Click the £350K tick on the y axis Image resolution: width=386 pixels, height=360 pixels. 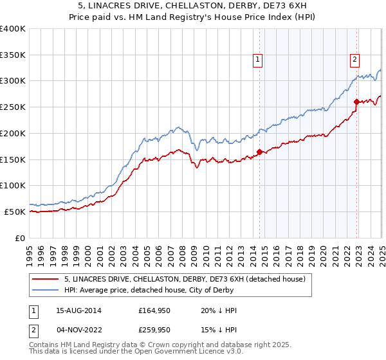tap(13, 55)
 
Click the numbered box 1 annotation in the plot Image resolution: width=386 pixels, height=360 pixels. tap(258, 60)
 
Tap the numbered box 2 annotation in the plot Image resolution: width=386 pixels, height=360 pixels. tap(354, 60)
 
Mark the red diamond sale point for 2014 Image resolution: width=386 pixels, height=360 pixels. tap(260, 152)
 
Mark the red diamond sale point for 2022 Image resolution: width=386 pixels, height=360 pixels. tap(356, 102)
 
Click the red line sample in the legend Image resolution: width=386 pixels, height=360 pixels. tap(46, 279)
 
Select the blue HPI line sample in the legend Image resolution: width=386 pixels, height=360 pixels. tap(46, 290)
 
